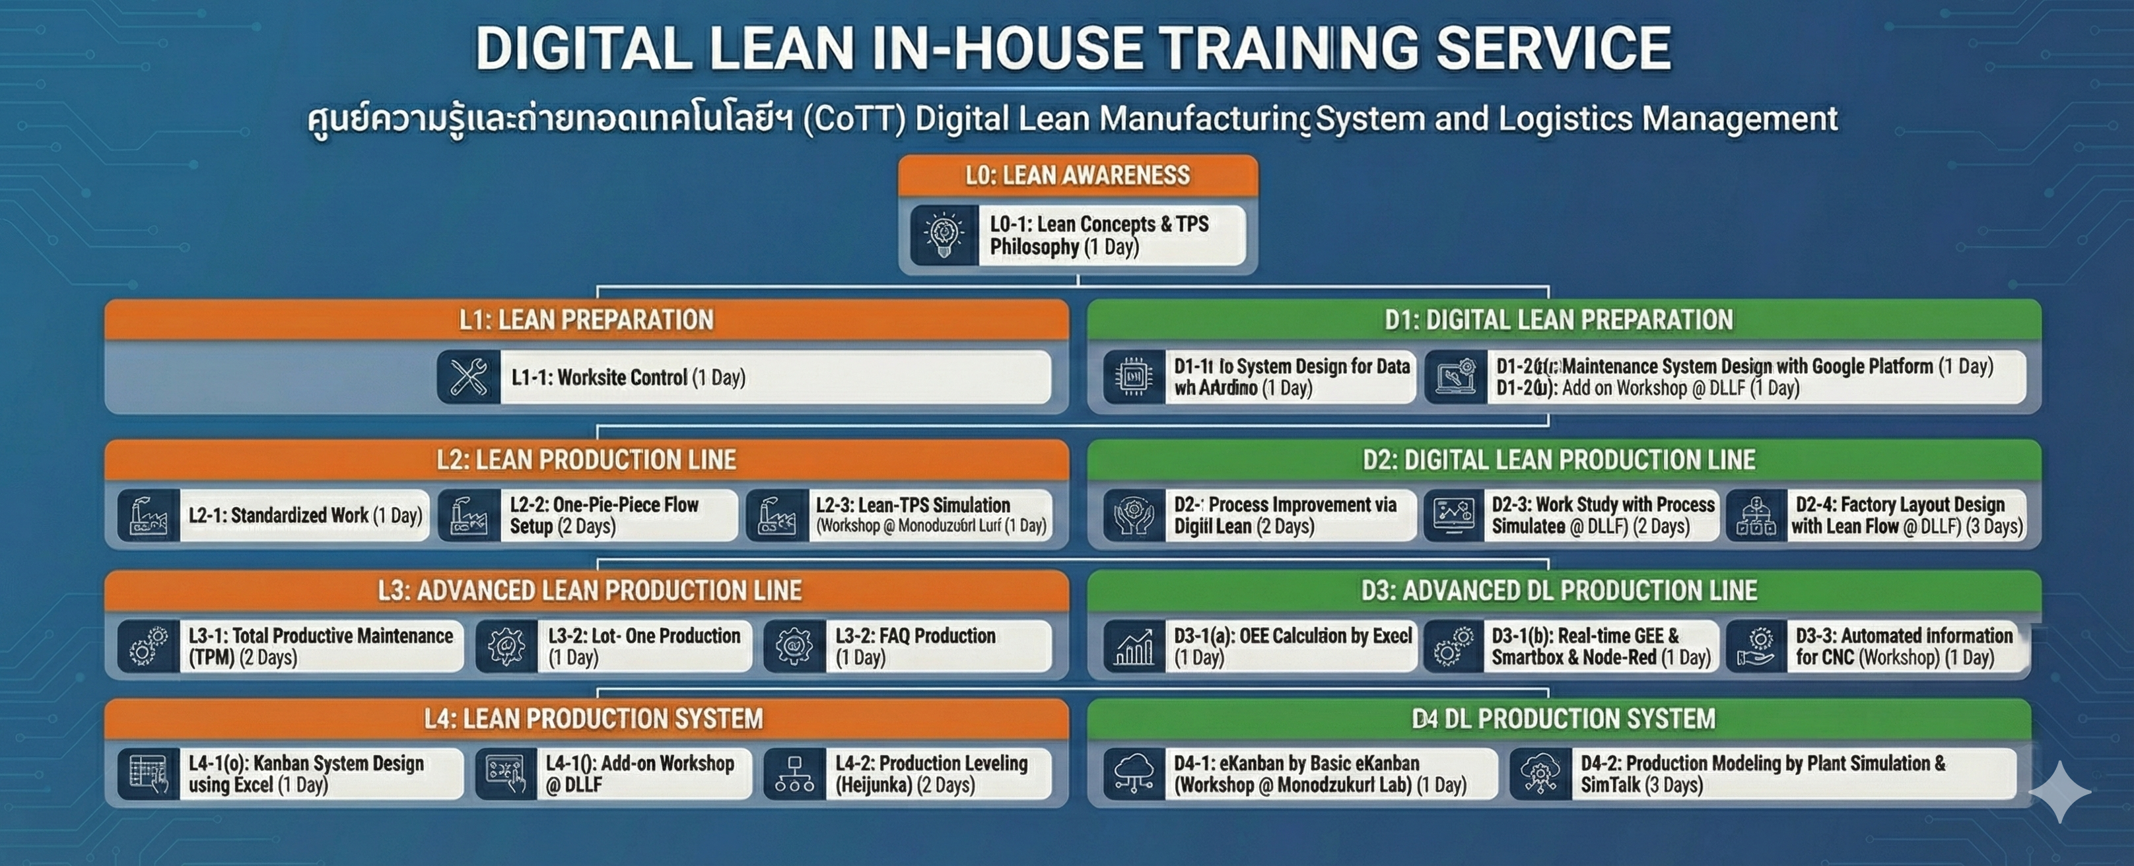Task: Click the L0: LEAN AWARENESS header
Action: click(1077, 176)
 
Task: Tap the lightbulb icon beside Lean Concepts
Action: click(944, 235)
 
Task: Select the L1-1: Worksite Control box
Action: click(774, 378)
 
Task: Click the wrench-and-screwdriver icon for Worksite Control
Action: click(469, 378)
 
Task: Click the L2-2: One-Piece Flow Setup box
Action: click(617, 515)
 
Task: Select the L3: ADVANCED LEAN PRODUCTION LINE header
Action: click(589, 590)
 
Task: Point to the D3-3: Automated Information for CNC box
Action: click(1904, 647)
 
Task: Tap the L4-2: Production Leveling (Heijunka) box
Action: click(936, 774)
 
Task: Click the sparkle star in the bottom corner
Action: click(2059, 792)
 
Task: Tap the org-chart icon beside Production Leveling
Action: click(794, 774)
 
